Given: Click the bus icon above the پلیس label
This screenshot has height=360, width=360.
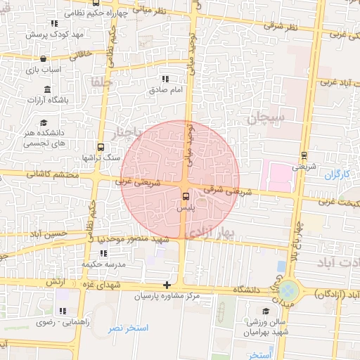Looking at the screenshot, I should (x=186, y=197).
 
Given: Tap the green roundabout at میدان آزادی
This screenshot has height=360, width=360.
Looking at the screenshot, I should (x=288, y=289).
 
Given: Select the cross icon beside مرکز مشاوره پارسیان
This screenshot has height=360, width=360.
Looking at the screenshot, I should (x=167, y=285).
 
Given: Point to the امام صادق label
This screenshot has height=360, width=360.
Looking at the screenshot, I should (x=165, y=90).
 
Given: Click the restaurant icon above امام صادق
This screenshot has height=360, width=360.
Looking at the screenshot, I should (x=165, y=79).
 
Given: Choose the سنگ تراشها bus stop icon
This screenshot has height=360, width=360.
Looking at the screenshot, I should (x=101, y=148).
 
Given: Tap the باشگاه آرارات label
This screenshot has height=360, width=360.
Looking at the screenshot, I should (x=67, y=101).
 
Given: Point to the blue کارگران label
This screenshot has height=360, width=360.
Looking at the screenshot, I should (x=337, y=173).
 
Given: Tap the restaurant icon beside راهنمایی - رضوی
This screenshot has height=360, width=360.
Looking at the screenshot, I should (x=62, y=311).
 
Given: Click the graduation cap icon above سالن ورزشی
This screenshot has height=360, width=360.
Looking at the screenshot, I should (x=266, y=310).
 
